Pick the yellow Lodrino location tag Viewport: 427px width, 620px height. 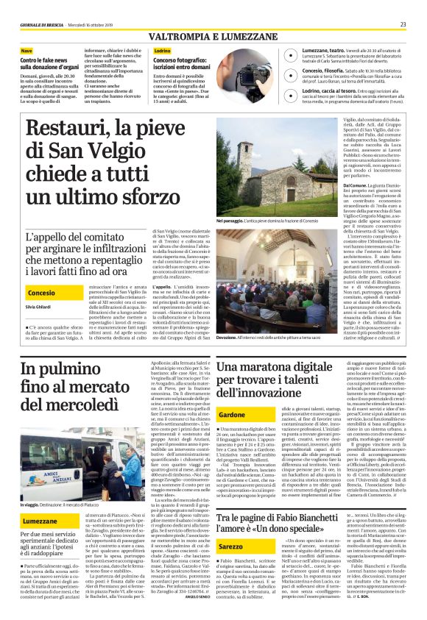[x=163, y=50]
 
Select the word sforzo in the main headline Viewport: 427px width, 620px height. [x=147, y=197]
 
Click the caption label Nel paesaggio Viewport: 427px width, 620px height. [x=230, y=221]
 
